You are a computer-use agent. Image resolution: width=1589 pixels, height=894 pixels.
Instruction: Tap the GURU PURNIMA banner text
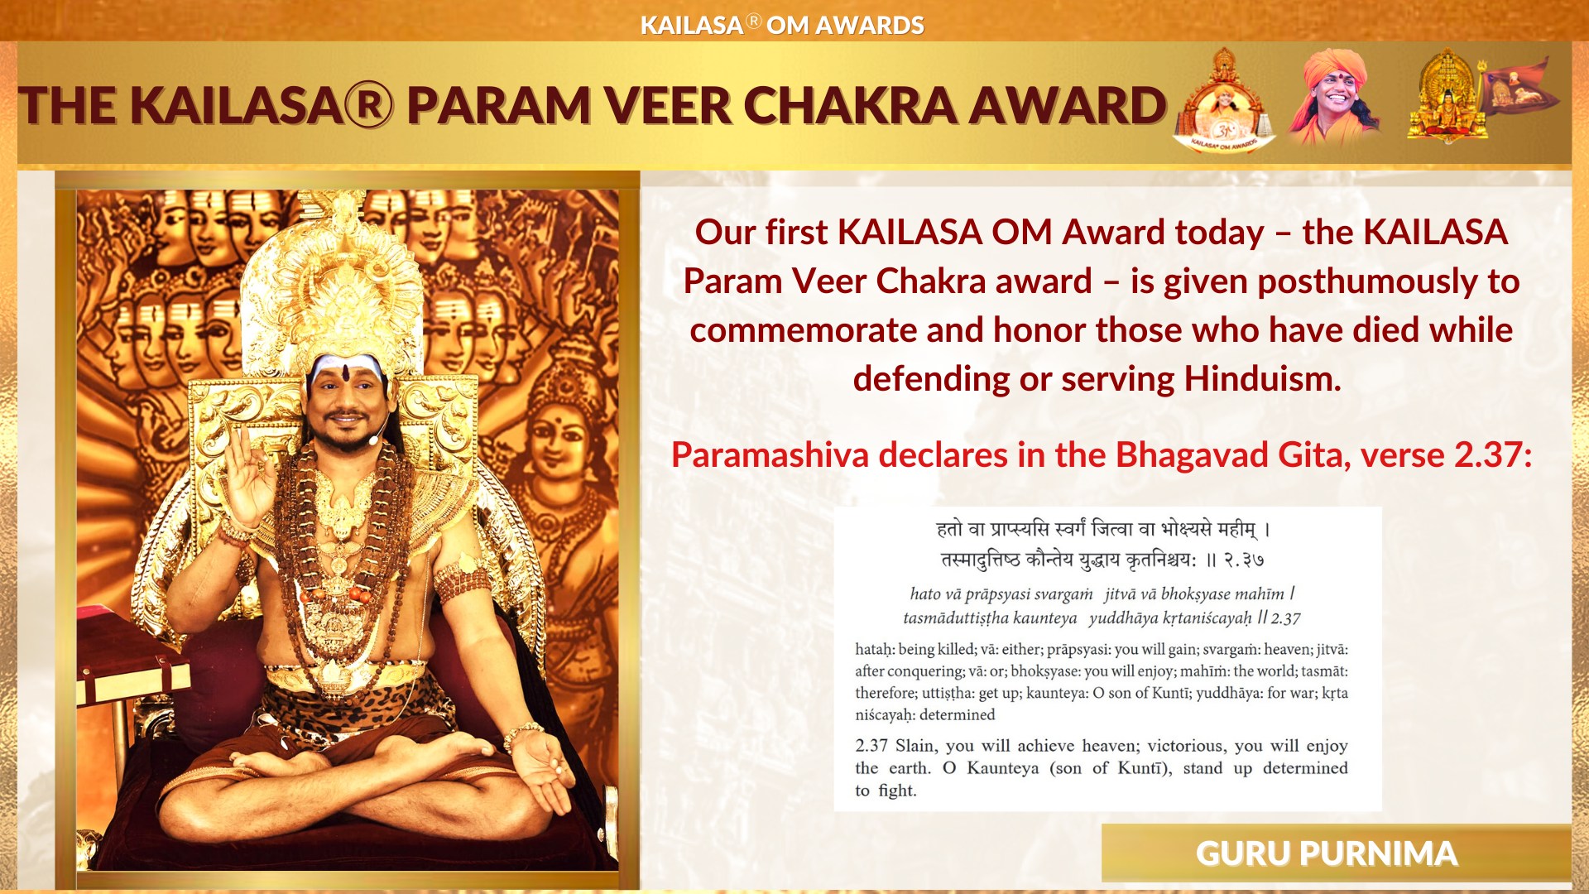pos(1326,853)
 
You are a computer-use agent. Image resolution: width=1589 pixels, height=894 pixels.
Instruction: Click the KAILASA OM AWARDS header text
pos(782,25)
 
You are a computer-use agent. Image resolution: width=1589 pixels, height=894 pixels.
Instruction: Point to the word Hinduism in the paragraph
pos(1262,379)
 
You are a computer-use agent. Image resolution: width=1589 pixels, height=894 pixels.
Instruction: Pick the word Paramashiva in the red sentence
pos(769,455)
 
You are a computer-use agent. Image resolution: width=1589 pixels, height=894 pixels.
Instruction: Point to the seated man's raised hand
pos(249,472)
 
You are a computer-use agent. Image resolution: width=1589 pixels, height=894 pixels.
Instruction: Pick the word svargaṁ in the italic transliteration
pos(1063,594)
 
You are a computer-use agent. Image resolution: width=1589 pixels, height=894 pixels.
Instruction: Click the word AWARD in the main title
pos(1068,106)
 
